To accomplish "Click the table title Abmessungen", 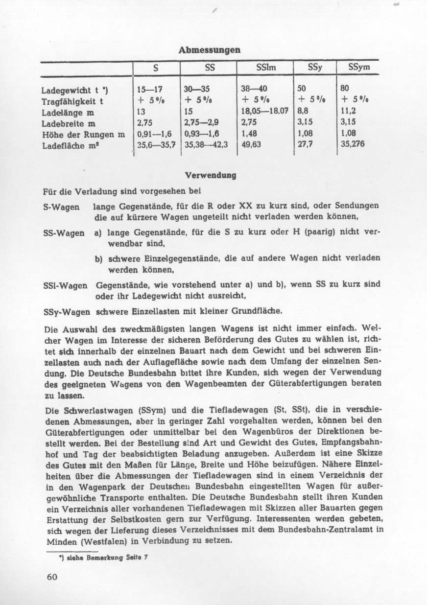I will point(209,50).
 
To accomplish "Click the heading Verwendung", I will point(210,175).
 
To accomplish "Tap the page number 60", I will point(52,576).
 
